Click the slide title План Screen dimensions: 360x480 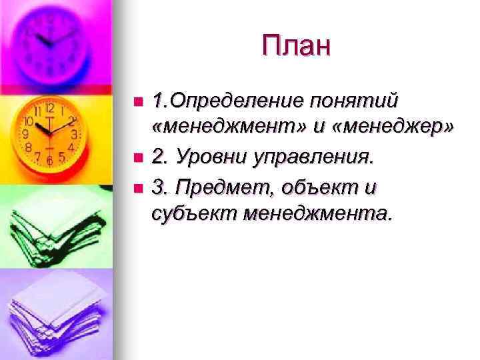[296, 46]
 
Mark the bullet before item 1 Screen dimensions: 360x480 [138, 102]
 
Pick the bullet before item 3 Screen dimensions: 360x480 [138, 188]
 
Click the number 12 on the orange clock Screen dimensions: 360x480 [50, 108]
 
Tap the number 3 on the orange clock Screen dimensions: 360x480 [75, 134]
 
